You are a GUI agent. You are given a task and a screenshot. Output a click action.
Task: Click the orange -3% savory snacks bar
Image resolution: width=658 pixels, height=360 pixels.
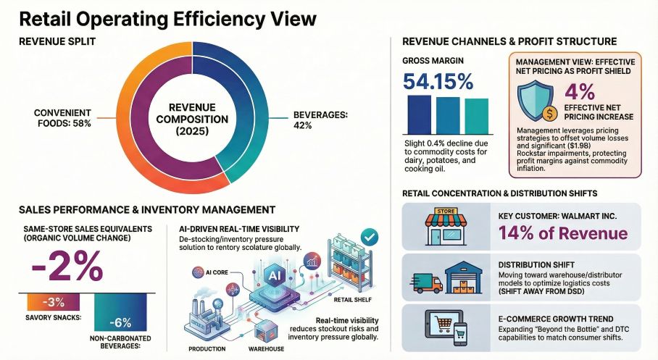click(x=54, y=301)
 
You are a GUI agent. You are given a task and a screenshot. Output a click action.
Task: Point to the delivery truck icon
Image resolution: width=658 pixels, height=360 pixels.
click(x=427, y=283)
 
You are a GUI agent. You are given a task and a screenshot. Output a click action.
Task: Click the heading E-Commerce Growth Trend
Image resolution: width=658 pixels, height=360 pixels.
click(x=556, y=317)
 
